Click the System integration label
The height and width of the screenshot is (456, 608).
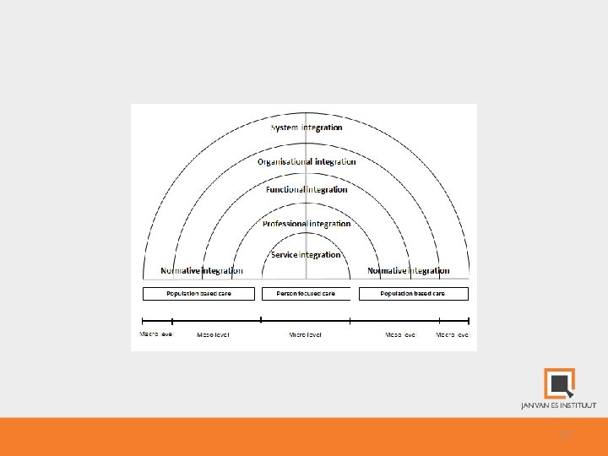(307, 128)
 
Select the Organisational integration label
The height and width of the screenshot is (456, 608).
(307, 161)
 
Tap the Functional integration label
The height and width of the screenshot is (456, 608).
(307, 189)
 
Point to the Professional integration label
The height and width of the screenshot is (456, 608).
(307, 224)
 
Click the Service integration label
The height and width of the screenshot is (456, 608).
(306, 254)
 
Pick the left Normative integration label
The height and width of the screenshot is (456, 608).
(202, 271)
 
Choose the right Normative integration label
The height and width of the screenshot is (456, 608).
(409, 271)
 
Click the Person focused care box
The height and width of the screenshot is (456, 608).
(305, 294)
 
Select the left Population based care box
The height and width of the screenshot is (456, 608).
(198, 294)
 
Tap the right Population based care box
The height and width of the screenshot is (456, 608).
(413, 294)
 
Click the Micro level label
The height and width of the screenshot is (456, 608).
(305, 335)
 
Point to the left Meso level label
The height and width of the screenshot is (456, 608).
(213, 335)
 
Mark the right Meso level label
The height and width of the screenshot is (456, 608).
(401, 335)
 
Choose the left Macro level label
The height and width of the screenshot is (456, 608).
(155, 334)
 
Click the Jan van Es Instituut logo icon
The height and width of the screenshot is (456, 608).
(559, 383)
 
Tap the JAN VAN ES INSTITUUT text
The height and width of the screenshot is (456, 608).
(558, 405)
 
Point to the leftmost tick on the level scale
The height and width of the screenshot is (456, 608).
(142, 320)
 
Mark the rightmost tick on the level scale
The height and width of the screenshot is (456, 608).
(469, 320)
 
